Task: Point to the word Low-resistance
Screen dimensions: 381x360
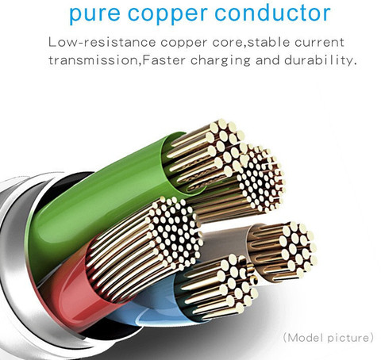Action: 102,43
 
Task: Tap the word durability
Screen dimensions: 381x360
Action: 319,60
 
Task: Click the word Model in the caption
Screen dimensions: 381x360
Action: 305,338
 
